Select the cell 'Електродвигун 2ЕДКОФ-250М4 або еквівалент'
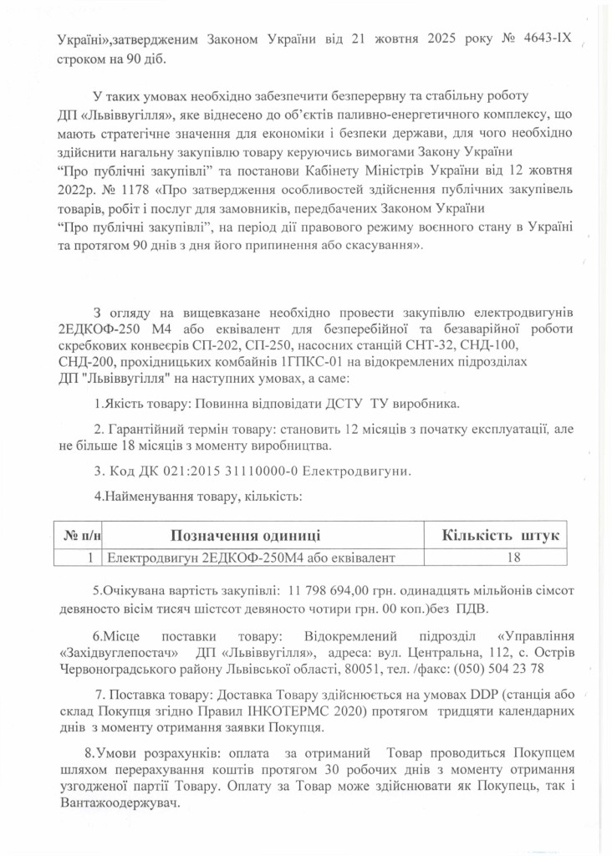pos(249,557)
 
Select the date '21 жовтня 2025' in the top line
pos(411,38)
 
